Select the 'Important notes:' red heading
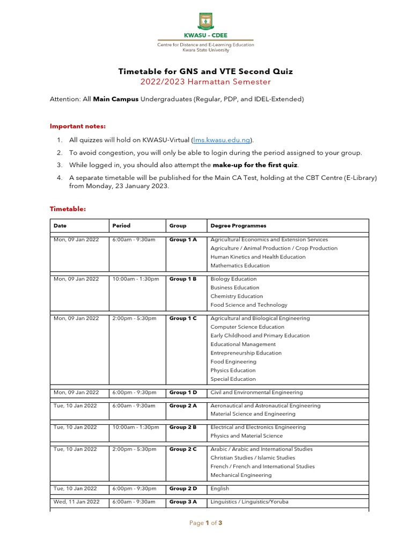click(78, 126)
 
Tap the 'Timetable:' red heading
click(68, 208)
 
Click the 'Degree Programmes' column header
click(238, 226)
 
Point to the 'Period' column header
click(121, 226)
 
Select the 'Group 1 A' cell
click(183, 240)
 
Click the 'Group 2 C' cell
click(183, 449)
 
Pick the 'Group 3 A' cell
click(183, 502)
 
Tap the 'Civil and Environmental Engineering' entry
click(256, 393)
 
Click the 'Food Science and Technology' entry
click(249, 305)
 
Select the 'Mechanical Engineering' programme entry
click(241, 475)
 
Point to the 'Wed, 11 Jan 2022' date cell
click(76, 502)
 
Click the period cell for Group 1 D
click(134, 393)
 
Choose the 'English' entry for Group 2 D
click(220, 489)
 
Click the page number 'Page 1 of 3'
click(205, 523)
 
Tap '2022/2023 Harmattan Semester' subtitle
click(205, 82)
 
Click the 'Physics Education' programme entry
click(233, 371)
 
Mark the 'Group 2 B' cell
click(183, 428)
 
